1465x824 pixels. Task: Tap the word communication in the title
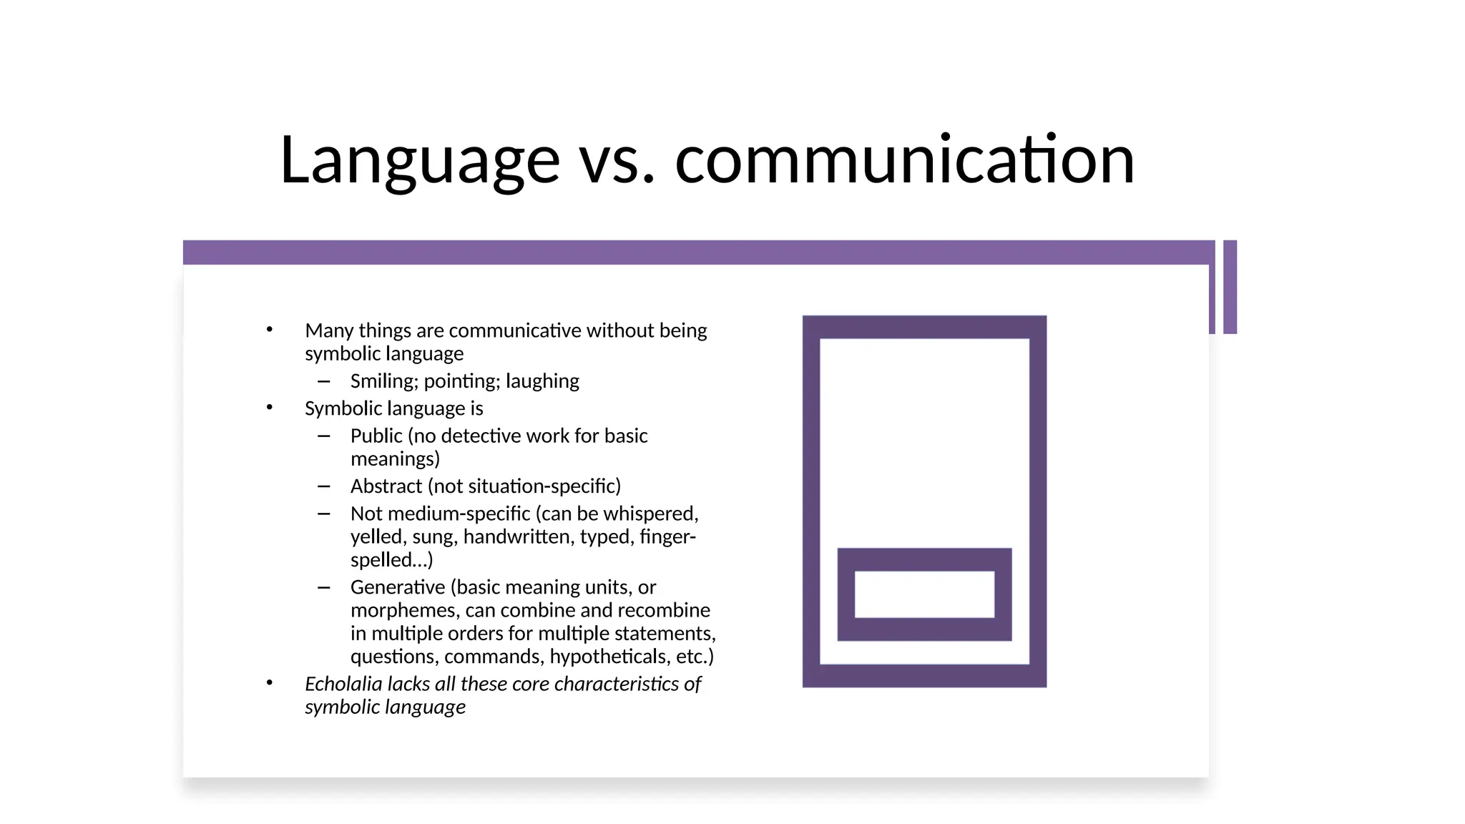(x=904, y=160)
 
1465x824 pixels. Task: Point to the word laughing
(x=542, y=381)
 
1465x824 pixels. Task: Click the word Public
(x=376, y=436)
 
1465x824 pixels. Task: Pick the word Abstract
(x=386, y=486)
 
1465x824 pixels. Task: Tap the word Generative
(x=398, y=587)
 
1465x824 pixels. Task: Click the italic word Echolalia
(x=343, y=684)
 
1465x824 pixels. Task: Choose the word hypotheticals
(x=609, y=657)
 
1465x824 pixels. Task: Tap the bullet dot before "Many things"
(x=270, y=330)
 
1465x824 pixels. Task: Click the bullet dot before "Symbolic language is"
(x=270, y=408)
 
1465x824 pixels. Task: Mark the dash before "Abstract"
(x=324, y=486)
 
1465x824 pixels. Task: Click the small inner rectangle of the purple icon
(x=924, y=594)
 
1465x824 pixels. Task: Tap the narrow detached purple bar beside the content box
(x=1230, y=287)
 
